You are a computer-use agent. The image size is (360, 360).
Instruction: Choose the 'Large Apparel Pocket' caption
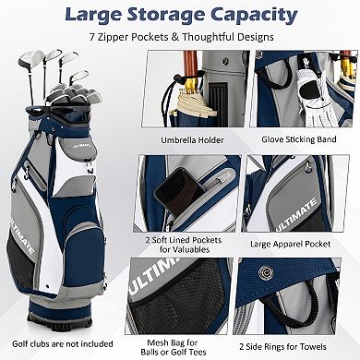coord(297,245)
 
